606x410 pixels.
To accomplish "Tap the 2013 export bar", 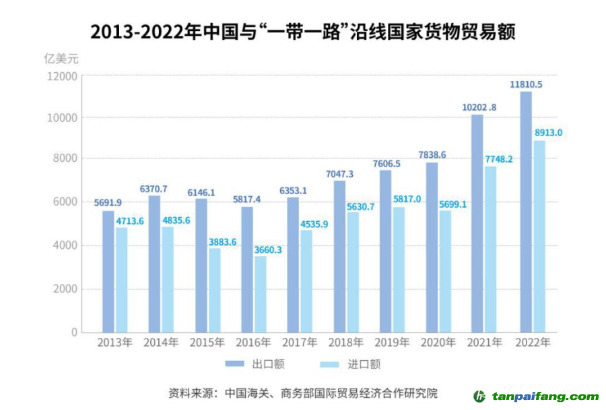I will point(108,271).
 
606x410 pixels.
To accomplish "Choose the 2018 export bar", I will point(340,256).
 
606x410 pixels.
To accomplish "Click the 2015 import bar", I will point(214,290).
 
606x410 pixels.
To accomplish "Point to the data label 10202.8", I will point(479,107).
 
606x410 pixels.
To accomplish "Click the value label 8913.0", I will point(547,133).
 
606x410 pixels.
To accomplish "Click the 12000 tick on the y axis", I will point(63,76).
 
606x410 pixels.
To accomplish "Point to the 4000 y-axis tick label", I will point(65,245).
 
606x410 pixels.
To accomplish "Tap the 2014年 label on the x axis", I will point(160,343).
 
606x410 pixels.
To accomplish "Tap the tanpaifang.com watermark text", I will point(545,396).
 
